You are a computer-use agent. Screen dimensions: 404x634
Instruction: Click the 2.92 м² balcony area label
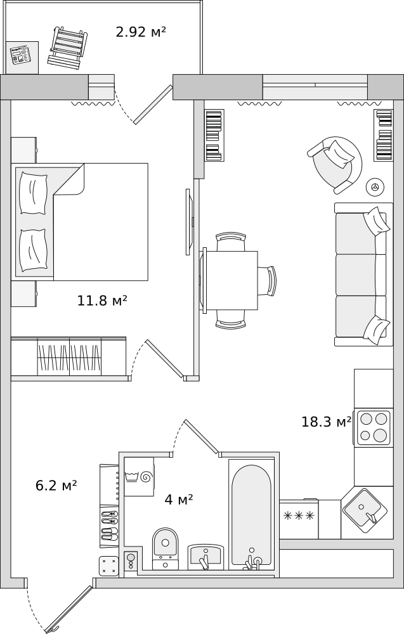pyautogui.click(x=141, y=32)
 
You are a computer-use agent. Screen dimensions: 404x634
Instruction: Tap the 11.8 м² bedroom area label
pyautogui.click(x=102, y=301)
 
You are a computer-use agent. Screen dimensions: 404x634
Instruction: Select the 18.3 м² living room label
pyautogui.click(x=327, y=422)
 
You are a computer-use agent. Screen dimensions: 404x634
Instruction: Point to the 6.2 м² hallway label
pyautogui.click(x=56, y=485)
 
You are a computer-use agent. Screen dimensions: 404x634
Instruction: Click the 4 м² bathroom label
pyautogui.click(x=178, y=500)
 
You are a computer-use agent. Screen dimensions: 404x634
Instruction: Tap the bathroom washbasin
pyautogui.click(x=205, y=557)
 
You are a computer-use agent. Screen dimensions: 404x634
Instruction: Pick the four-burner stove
pyautogui.click(x=374, y=428)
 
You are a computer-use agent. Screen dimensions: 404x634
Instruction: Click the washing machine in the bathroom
pyautogui.click(x=139, y=477)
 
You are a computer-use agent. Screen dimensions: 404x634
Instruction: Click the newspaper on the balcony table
pyautogui.click(x=20, y=55)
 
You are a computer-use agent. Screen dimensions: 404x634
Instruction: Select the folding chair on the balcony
pyautogui.click(x=67, y=46)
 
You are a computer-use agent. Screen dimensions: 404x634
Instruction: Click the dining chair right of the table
pyautogui.click(x=268, y=281)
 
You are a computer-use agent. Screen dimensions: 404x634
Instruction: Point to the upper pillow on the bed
pyautogui.click(x=34, y=193)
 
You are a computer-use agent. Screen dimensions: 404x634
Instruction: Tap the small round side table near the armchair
pyautogui.click(x=375, y=186)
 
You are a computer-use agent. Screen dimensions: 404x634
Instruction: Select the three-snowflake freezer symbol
pyautogui.click(x=299, y=515)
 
